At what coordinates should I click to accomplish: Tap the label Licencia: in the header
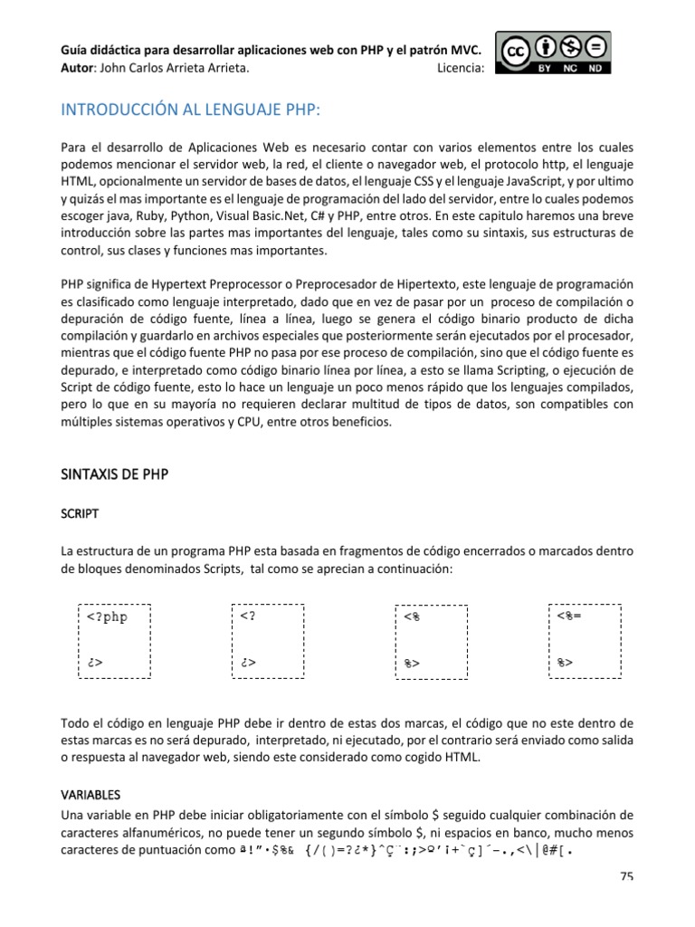(x=461, y=67)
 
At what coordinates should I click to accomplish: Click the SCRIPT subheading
(x=80, y=513)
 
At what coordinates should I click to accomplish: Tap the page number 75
(x=626, y=876)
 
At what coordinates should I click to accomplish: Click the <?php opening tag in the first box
(x=108, y=617)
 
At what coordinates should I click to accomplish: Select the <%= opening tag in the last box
(x=569, y=617)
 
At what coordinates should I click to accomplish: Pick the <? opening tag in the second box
(x=249, y=617)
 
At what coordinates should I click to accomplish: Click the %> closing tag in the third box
(x=412, y=664)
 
